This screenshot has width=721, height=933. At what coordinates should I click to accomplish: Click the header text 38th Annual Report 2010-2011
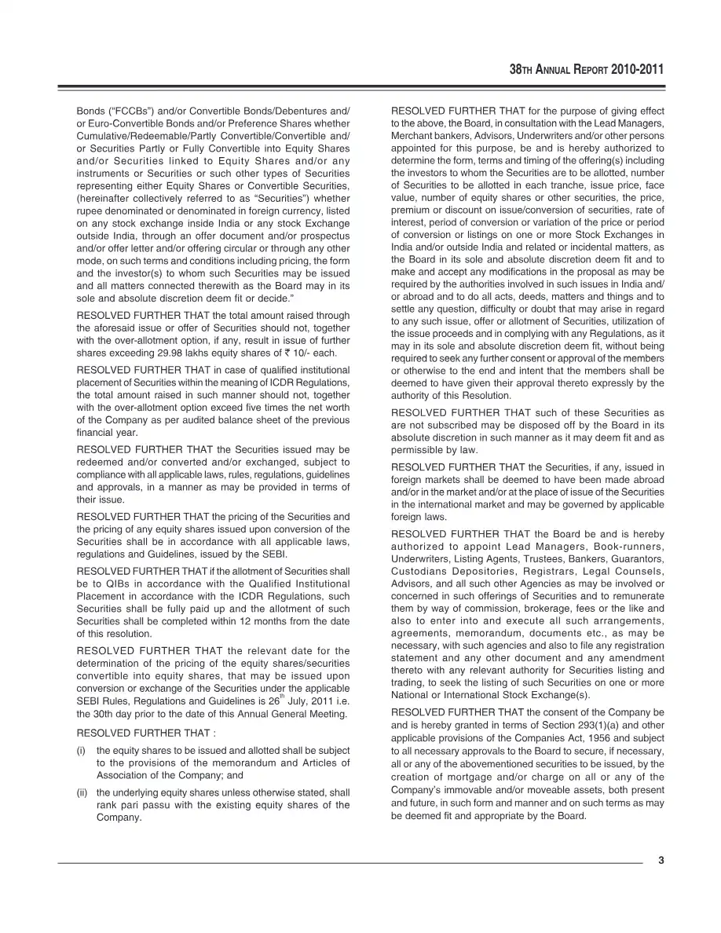click(586, 69)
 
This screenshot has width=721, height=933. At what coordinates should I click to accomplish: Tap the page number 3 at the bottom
click(661, 860)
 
